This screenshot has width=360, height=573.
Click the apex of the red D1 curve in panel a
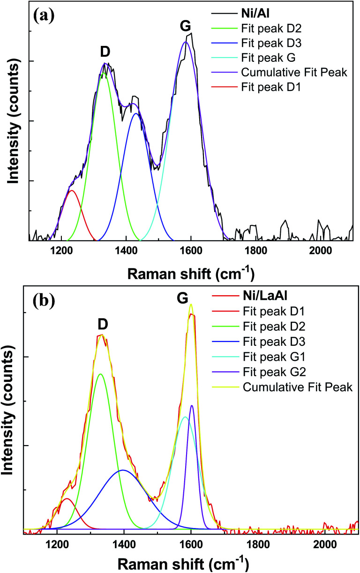tap(71, 191)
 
